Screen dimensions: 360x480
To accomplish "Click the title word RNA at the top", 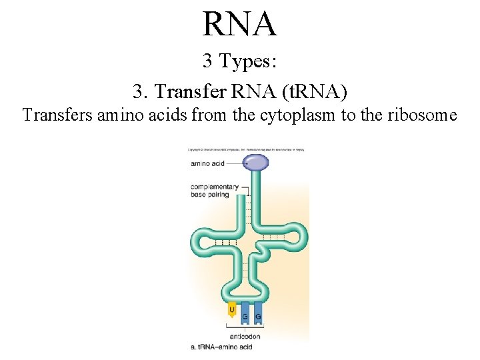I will click(239, 24).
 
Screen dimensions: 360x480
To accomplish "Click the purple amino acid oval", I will click(255, 160).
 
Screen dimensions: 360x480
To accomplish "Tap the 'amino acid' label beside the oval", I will click(208, 163).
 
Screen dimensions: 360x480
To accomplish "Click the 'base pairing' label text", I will click(210, 195).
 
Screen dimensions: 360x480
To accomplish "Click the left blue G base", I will click(245, 315).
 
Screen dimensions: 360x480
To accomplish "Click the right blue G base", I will click(257, 315).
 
